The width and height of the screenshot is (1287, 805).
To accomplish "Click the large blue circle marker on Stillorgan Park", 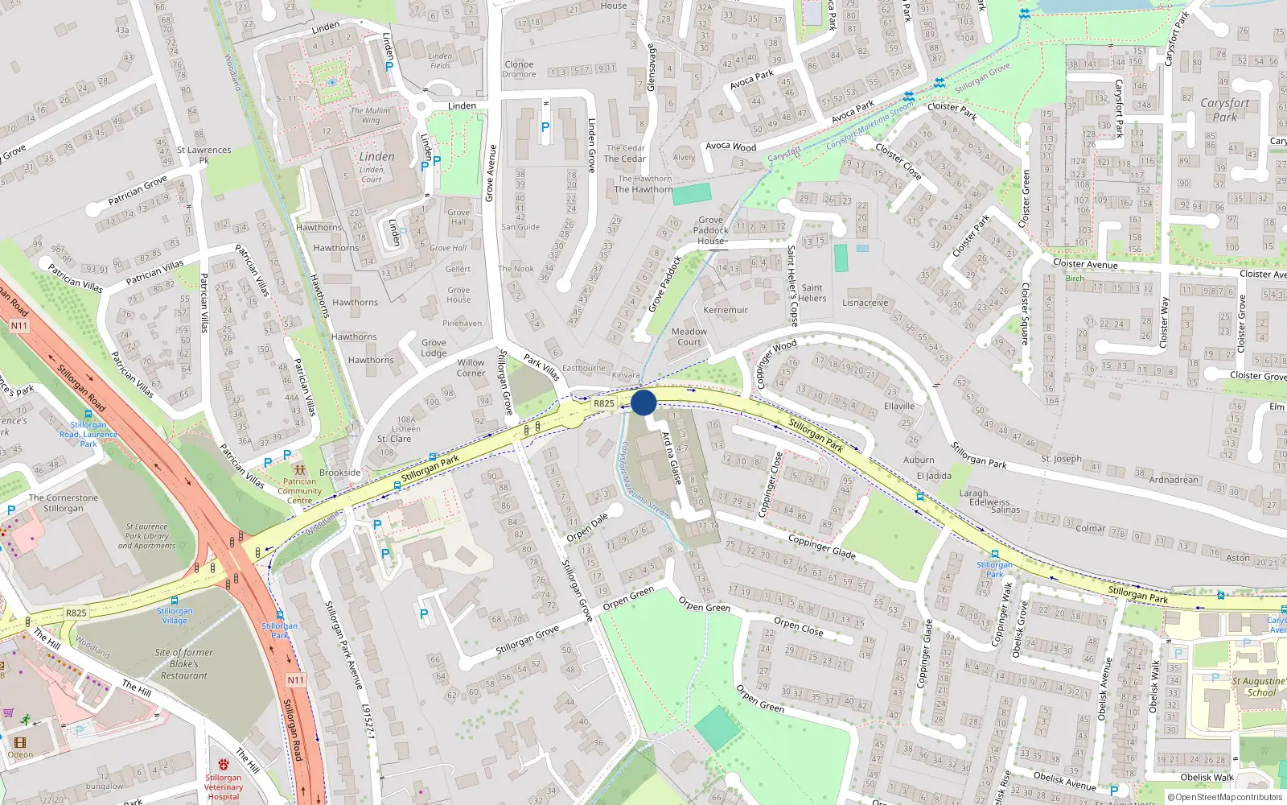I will [643, 402].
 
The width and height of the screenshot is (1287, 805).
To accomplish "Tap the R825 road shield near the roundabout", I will [604, 403].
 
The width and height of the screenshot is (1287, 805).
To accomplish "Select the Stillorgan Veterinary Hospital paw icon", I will [224, 764].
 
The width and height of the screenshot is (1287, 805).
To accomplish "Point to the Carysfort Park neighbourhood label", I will [1225, 109].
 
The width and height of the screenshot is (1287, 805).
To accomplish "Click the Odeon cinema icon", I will [20, 742].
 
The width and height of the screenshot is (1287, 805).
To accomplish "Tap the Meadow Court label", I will [689, 336].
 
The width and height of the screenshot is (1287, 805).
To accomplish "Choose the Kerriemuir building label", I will [726, 310].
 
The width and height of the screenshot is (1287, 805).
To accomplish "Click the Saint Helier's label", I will [812, 293].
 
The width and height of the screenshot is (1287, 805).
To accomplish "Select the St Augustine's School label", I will [1260, 687].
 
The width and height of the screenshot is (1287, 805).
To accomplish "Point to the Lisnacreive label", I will [866, 303].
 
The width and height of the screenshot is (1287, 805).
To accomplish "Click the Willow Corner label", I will [471, 368].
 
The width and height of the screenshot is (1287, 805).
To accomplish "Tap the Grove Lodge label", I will [434, 348].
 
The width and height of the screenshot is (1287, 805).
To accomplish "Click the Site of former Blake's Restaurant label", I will [184, 664].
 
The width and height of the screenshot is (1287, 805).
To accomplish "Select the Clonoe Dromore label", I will [520, 69].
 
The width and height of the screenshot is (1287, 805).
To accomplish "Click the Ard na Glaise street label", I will [671, 458].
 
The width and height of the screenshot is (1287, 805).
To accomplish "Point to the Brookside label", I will [340, 473].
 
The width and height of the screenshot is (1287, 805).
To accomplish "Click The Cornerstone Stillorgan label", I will [64, 503].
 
